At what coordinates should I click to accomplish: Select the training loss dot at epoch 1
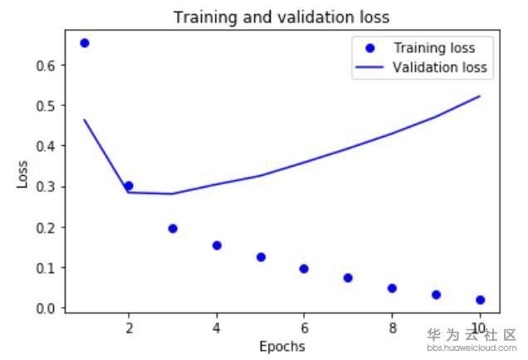pyautogui.click(x=84, y=42)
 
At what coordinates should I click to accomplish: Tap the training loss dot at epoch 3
pyautogui.click(x=173, y=228)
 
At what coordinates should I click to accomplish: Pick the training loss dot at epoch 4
pyautogui.click(x=217, y=245)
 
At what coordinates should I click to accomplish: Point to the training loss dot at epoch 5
pyautogui.click(x=261, y=257)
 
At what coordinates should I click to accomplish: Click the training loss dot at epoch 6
pyautogui.click(x=304, y=269)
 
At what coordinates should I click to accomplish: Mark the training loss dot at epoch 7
pyautogui.click(x=348, y=278)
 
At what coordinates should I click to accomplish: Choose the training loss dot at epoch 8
pyautogui.click(x=392, y=288)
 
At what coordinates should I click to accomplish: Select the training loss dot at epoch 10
pyautogui.click(x=480, y=299)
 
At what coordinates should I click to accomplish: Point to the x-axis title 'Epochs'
pyautogui.click(x=281, y=346)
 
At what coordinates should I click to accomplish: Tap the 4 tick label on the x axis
pyautogui.click(x=217, y=327)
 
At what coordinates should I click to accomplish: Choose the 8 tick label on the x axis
pyautogui.click(x=392, y=327)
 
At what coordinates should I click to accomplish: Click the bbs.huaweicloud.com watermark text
pyautogui.click(x=472, y=349)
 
